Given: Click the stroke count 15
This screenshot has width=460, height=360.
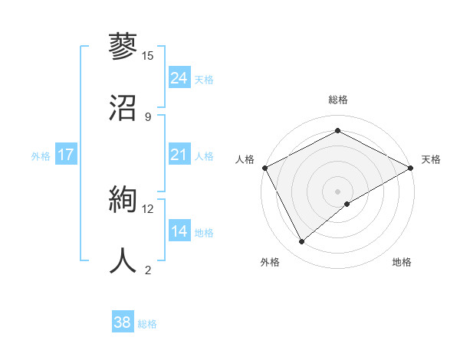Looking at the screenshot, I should click(x=147, y=56).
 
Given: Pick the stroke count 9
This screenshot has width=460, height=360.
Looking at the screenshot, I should click(x=147, y=116).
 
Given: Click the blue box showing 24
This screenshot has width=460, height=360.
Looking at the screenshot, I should click(x=179, y=77).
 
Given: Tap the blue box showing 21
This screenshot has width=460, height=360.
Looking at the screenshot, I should click(x=179, y=155).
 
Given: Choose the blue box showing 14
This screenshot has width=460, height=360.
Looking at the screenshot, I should click(x=179, y=231).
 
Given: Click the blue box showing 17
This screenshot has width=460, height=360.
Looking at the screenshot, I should click(x=65, y=155).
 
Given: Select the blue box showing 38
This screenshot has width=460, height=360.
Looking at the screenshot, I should click(x=122, y=322).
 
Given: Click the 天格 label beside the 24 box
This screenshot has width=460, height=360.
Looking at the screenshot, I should click(x=204, y=79).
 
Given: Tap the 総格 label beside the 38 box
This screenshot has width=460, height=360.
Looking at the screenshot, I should click(x=147, y=324).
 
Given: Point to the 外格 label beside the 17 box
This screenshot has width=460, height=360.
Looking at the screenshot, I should click(x=41, y=156).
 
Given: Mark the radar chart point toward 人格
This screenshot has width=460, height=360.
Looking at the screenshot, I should click(x=264, y=168).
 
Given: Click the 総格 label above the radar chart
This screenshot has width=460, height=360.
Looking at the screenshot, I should click(x=337, y=100).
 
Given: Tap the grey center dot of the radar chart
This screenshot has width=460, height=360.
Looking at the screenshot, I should click(x=337, y=191).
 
